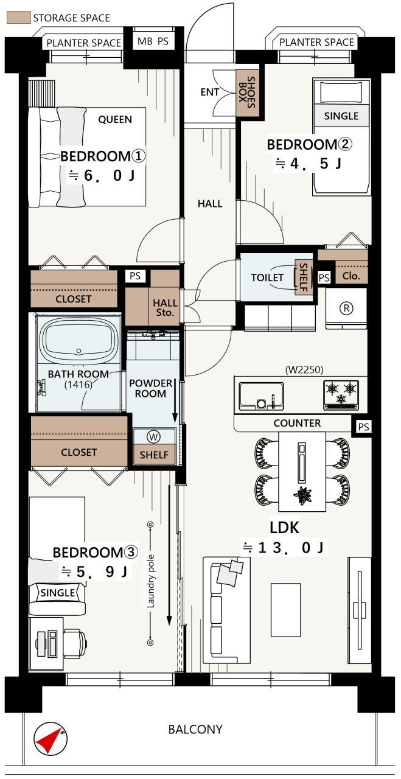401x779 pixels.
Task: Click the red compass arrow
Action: point(49,739)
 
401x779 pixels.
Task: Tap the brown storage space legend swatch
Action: point(19,18)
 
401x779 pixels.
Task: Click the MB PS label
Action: point(153,41)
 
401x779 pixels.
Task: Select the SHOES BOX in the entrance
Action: point(247,93)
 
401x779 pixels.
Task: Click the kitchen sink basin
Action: point(261,396)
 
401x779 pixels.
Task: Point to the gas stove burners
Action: point(341,394)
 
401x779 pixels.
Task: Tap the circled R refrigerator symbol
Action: point(346,308)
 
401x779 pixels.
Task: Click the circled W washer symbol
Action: point(153,436)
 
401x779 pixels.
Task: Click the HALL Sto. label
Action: point(165,308)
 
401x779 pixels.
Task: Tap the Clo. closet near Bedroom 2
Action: point(351,276)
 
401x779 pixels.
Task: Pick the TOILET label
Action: point(267,278)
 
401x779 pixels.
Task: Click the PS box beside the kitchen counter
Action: point(363,427)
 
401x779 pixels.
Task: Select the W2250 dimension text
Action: point(304,369)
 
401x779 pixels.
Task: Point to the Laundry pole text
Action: point(150,581)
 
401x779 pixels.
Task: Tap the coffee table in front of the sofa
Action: point(286,610)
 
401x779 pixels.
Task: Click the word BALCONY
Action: point(195,730)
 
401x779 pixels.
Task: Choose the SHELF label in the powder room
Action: point(154,455)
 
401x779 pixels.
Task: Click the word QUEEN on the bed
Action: point(115,120)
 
